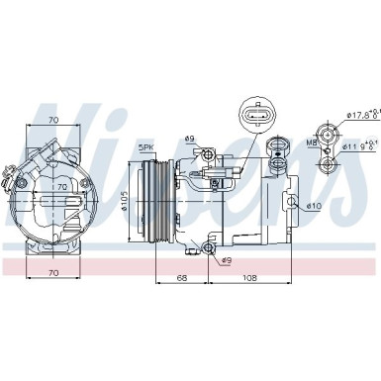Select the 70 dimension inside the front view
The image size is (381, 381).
(60, 185)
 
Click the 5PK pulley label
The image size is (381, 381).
(147, 147)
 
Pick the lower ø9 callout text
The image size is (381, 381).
(227, 260)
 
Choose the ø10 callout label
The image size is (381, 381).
(313, 205)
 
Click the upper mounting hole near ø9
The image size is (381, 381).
(208, 154)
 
